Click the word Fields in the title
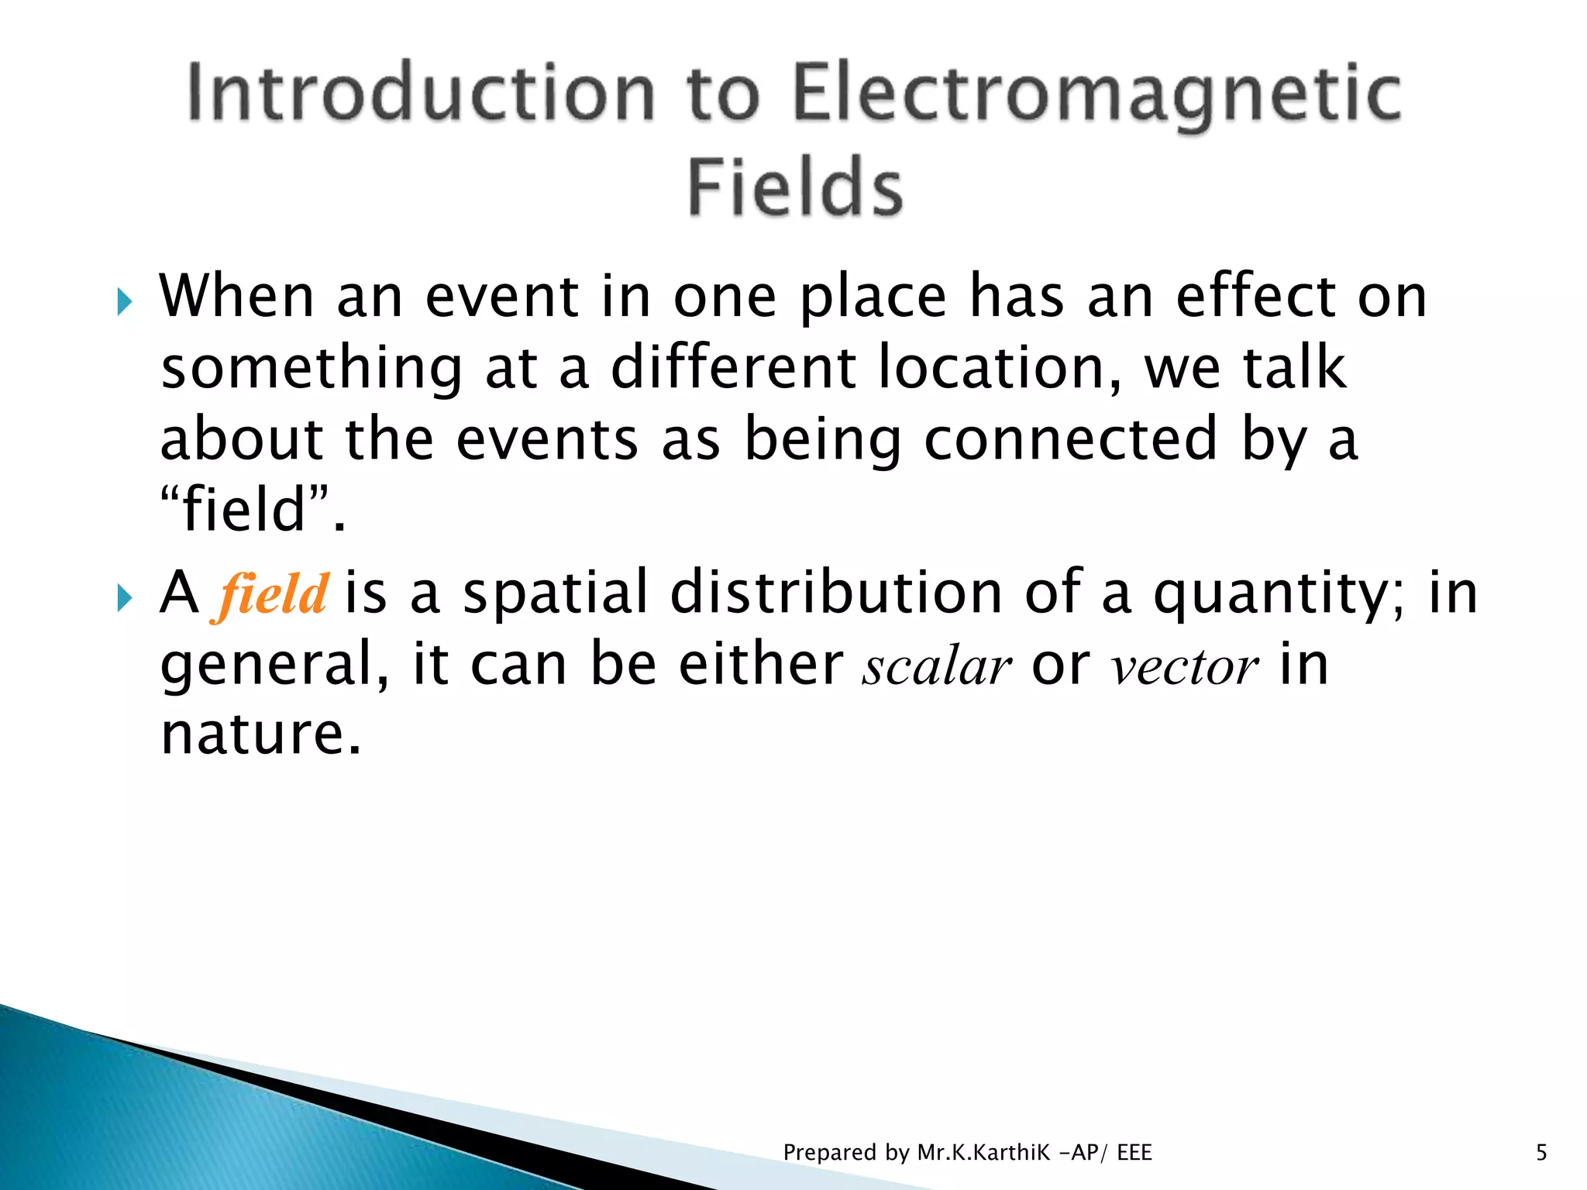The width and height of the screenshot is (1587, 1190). (x=795, y=187)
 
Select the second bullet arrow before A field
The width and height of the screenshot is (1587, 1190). (x=125, y=597)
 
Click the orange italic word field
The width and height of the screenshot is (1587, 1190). (x=272, y=595)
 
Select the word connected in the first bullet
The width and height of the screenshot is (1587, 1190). (x=1071, y=439)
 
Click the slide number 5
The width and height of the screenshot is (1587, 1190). (x=1541, y=1153)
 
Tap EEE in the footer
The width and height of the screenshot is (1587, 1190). (x=1134, y=1153)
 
